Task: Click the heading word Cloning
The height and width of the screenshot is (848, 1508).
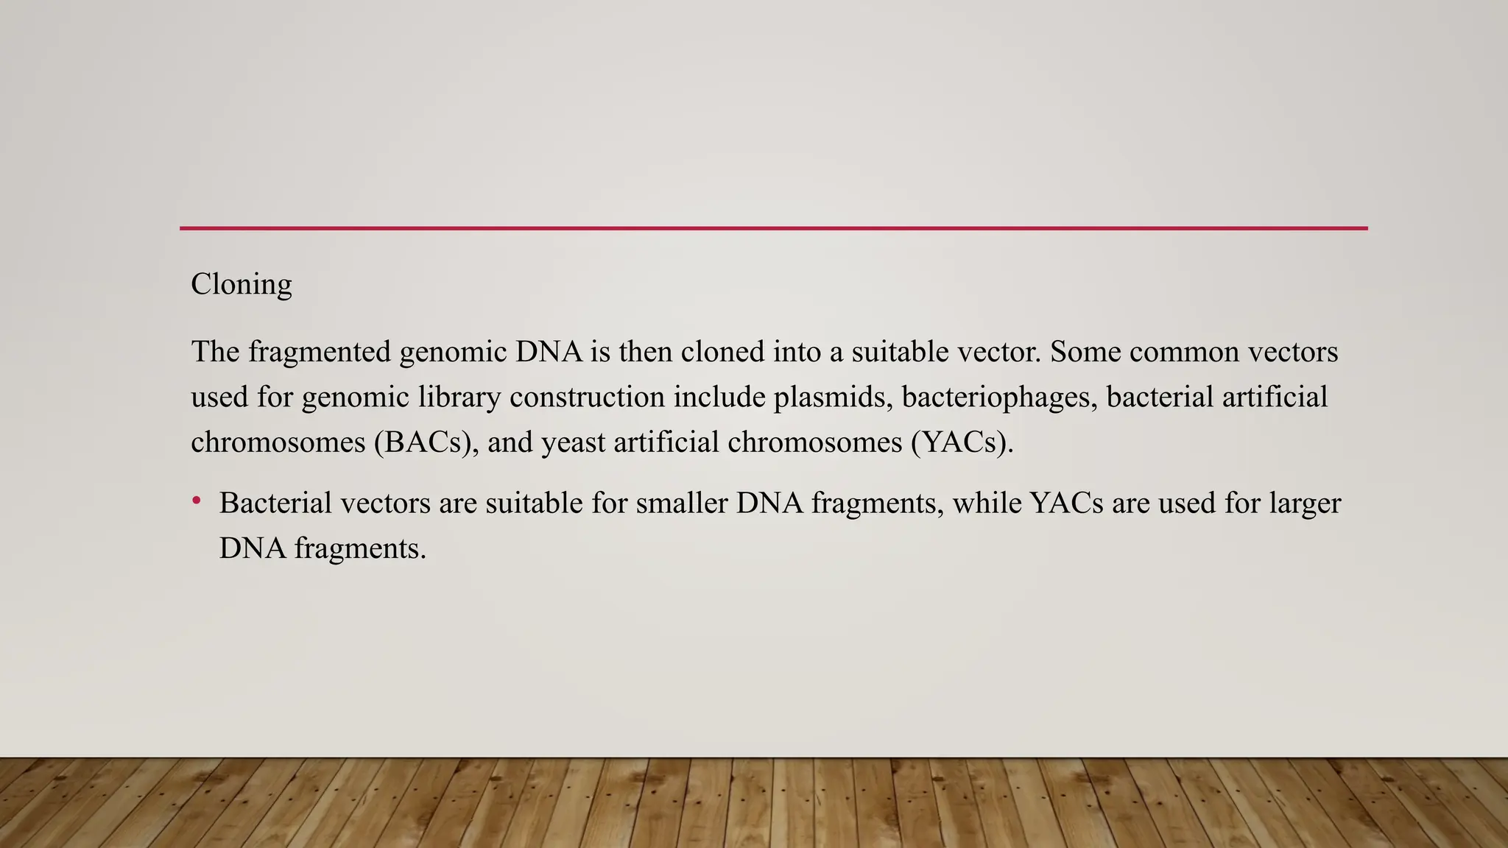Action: pos(241,284)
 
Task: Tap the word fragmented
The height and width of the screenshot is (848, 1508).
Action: pos(320,352)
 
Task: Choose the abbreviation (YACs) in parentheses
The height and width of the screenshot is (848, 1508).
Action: pos(962,442)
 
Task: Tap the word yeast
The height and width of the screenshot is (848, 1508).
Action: pos(572,442)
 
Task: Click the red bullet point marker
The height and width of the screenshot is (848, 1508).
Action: pos(197,501)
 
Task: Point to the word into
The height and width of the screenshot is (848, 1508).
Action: pos(797,352)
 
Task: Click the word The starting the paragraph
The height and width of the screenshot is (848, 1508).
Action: pos(215,352)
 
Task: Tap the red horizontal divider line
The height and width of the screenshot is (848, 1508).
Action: pos(773,228)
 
